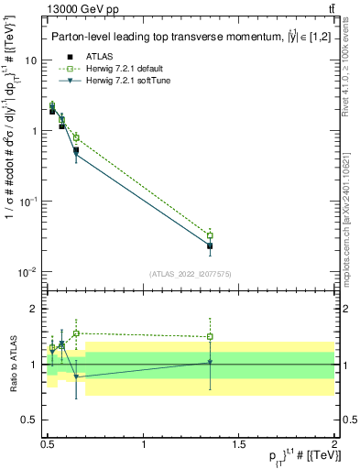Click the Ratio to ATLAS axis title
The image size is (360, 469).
[11, 365]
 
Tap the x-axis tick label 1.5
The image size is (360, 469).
[239, 445]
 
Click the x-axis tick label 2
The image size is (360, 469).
[333, 445]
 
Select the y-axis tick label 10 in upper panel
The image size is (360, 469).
[30, 60]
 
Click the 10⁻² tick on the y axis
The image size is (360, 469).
[28, 272]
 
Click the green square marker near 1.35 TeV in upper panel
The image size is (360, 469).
[210, 235]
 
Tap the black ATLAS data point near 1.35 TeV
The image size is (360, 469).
[210, 246]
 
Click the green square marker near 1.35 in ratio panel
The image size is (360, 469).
[210, 336]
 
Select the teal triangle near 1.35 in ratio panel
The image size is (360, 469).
[210, 363]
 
